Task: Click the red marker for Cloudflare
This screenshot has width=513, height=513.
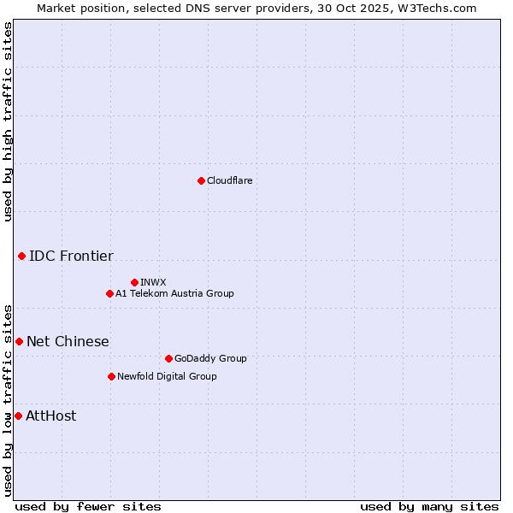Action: point(201,180)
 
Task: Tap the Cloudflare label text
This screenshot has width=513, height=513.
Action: point(229,180)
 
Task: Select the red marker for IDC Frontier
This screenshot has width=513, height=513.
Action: point(21,256)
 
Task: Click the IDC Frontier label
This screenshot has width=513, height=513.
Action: point(71,256)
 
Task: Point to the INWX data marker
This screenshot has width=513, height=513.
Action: point(134,282)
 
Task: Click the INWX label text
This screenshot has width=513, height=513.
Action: point(153,282)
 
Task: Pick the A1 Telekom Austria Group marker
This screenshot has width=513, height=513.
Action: point(109,293)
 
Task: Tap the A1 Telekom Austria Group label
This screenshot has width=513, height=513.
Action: point(174,293)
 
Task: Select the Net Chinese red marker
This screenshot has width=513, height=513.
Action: point(19,341)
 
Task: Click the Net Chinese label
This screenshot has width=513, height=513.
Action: point(68,341)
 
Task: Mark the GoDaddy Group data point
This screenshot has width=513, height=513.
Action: point(168,358)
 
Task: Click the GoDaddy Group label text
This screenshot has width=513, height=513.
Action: point(210,358)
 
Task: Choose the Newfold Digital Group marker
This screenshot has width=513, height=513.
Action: point(111,376)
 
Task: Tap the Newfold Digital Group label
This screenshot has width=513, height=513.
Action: point(167,376)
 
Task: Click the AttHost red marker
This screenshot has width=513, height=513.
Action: point(18,416)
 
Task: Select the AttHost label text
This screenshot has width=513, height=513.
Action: point(51,416)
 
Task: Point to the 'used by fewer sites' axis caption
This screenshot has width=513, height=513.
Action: point(88,506)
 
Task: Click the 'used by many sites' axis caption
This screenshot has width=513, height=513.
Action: point(429,506)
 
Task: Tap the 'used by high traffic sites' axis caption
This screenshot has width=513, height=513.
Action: point(9,121)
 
